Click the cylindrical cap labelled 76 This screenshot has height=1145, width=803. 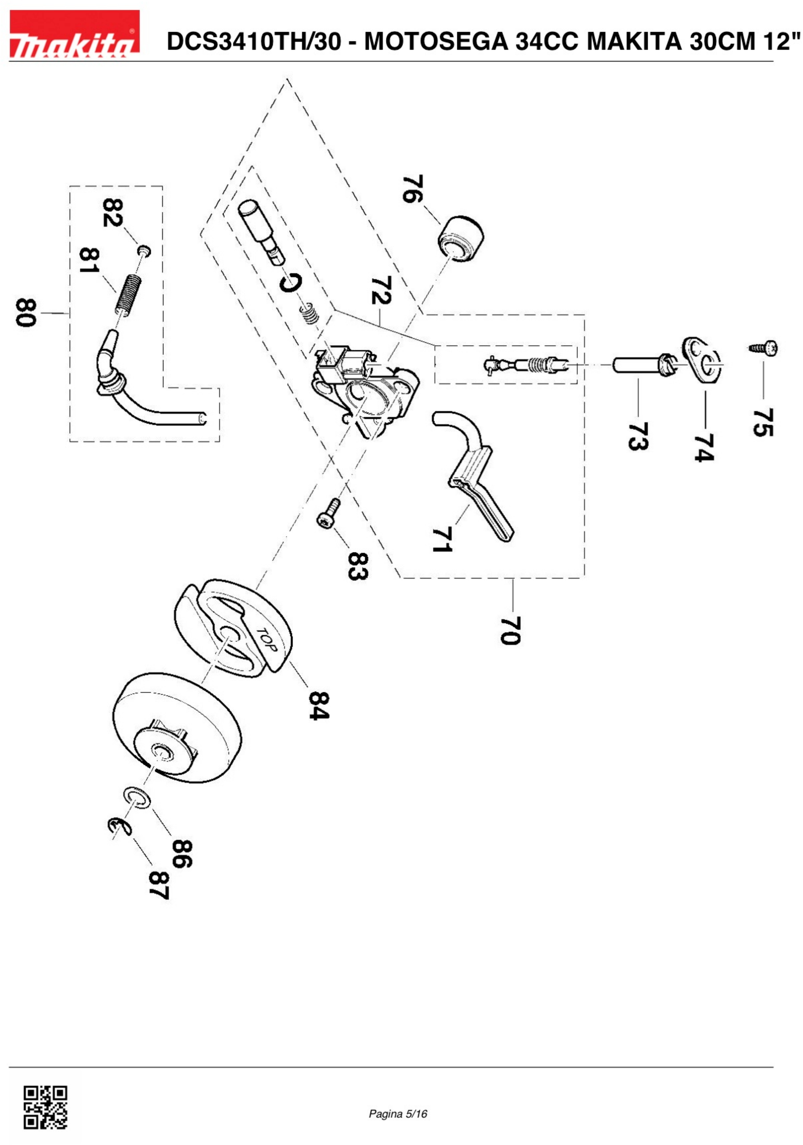(461, 239)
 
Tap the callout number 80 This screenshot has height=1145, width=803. (26, 313)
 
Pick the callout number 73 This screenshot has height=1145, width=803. (638, 436)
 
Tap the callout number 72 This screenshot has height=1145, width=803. (382, 290)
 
